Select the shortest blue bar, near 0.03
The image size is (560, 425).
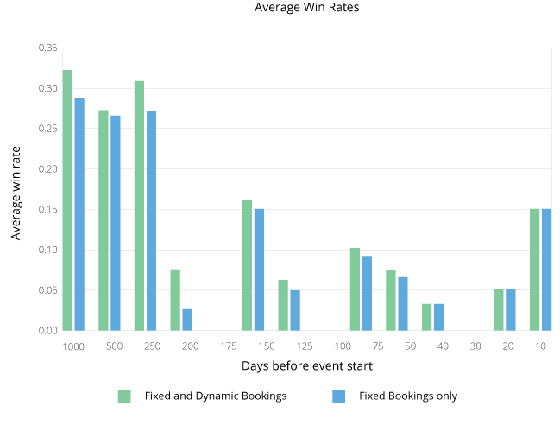click(x=187, y=320)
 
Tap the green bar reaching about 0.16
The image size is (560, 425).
click(x=247, y=265)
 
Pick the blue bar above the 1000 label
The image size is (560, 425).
click(x=79, y=214)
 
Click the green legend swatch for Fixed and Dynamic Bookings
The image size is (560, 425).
click(x=124, y=396)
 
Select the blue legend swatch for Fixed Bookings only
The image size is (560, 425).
click(x=338, y=396)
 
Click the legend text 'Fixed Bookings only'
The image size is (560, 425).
click(x=408, y=396)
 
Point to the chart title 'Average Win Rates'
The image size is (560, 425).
click(x=307, y=8)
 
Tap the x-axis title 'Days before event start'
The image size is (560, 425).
click(x=307, y=366)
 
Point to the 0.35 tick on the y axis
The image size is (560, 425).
click(x=47, y=48)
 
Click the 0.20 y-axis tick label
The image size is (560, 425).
click(x=47, y=169)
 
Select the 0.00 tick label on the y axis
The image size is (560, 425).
click(x=47, y=331)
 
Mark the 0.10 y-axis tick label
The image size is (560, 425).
click(x=47, y=250)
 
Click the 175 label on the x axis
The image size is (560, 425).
click(x=229, y=346)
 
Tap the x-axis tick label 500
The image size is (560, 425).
click(x=114, y=346)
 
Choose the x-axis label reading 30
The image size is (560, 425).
click(x=475, y=346)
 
